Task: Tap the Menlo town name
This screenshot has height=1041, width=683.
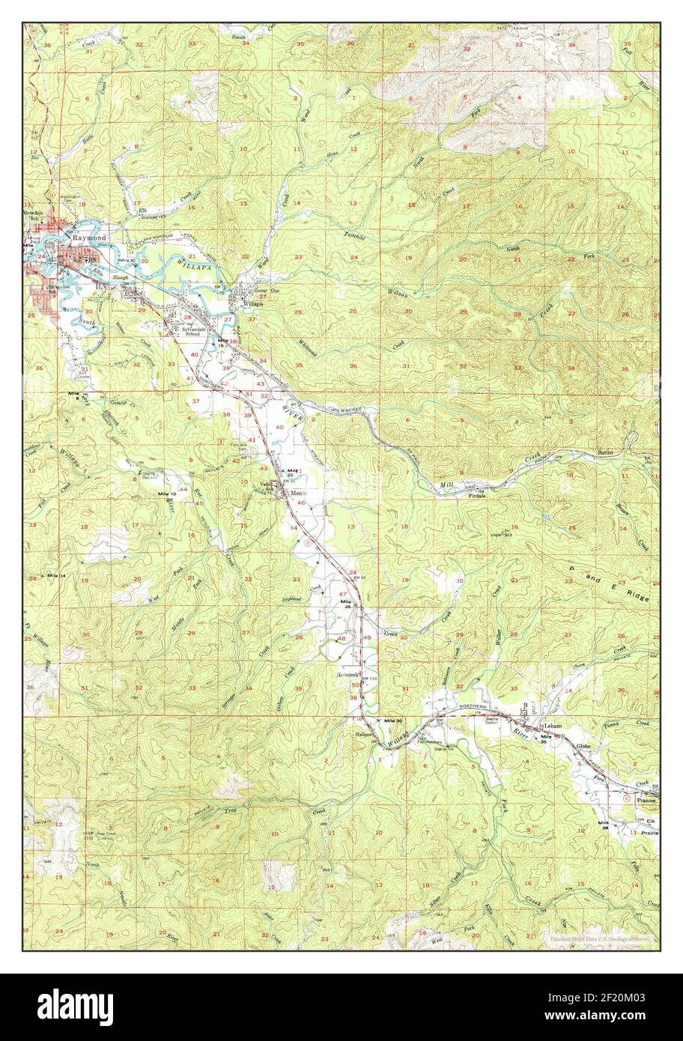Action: click(x=299, y=494)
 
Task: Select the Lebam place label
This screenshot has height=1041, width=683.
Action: click(x=553, y=726)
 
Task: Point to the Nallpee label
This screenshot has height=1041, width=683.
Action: click(x=365, y=735)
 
